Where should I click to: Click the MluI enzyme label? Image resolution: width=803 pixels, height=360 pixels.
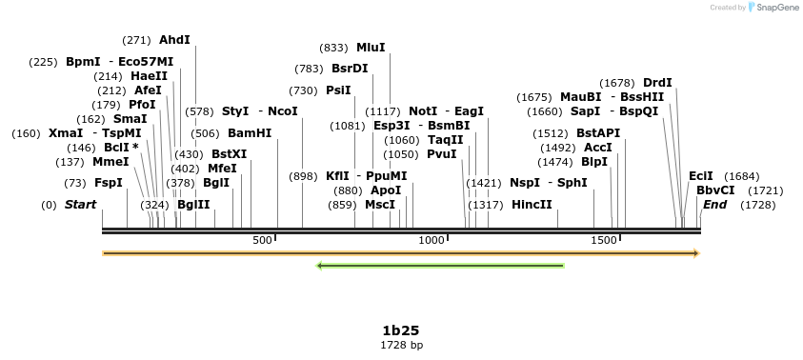click(371, 47)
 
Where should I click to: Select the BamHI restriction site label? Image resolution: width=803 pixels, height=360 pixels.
click(250, 133)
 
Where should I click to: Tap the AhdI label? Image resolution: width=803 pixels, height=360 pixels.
click(174, 39)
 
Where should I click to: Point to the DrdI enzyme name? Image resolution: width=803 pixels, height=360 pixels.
click(657, 82)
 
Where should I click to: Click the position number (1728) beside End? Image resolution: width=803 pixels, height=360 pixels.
click(758, 205)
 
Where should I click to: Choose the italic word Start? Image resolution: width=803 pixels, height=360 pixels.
click(80, 205)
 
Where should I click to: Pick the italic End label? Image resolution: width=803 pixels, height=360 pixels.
click(715, 205)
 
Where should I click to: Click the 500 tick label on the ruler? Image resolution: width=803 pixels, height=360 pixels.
click(263, 241)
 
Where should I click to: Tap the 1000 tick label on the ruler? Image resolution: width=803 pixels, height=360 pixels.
click(432, 241)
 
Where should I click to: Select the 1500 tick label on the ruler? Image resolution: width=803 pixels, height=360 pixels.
click(604, 241)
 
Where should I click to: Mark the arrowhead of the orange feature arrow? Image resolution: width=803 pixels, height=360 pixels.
click(696, 253)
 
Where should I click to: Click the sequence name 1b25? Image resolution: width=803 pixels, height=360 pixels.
click(401, 330)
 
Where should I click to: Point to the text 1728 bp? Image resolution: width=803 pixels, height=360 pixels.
click(401, 345)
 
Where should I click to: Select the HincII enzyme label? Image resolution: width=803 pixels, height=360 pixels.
click(532, 205)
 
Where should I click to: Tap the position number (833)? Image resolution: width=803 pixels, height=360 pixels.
click(333, 47)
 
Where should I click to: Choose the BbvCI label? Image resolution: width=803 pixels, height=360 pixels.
click(715, 190)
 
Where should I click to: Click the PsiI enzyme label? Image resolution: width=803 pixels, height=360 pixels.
click(338, 90)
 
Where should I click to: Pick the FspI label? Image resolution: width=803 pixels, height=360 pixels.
click(109, 182)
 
